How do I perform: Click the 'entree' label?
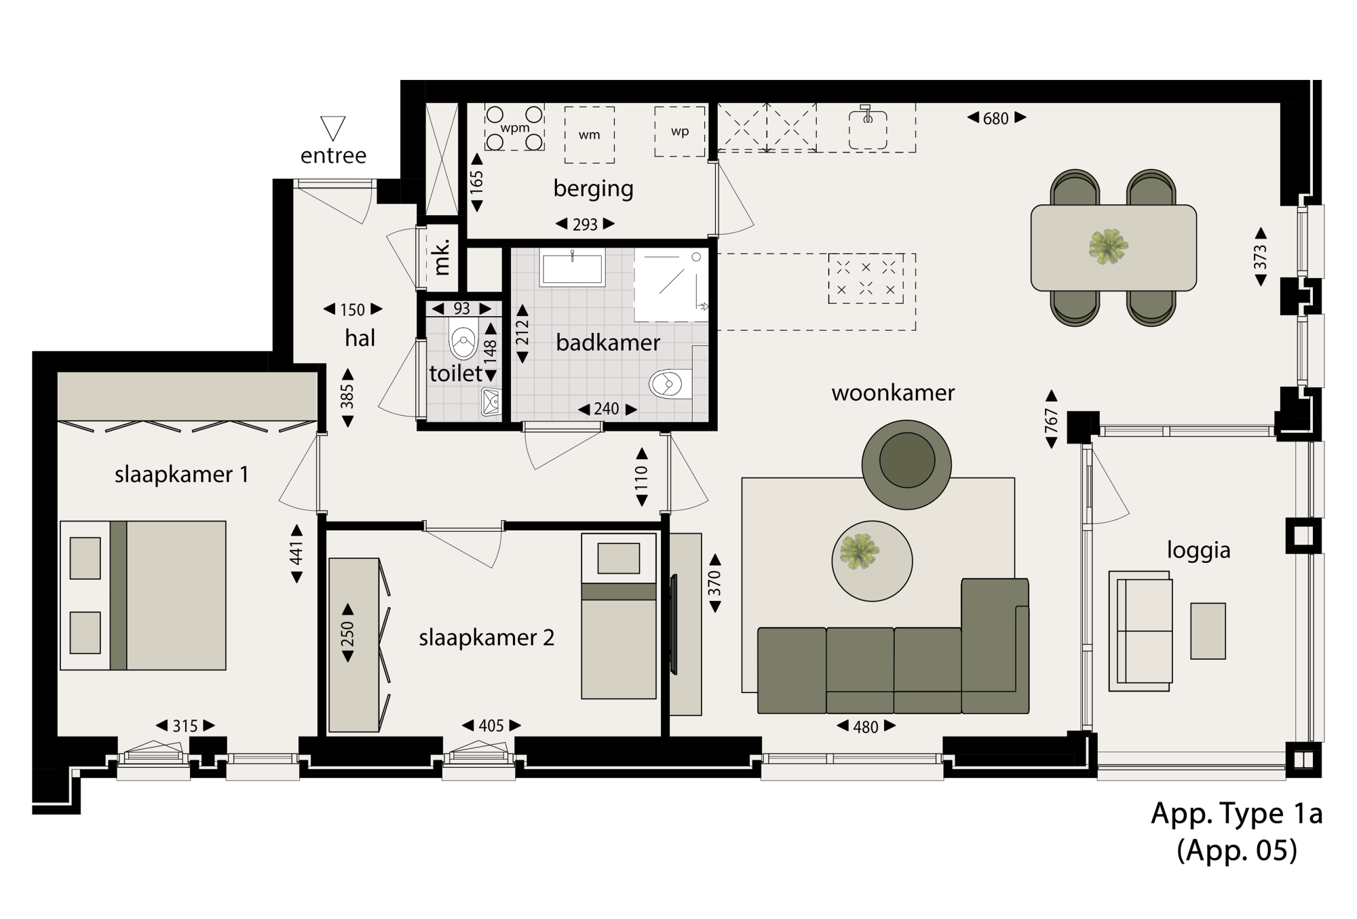[x=333, y=155]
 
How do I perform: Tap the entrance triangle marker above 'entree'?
[x=333, y=128]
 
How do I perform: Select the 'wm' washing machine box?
[x=590, y=135]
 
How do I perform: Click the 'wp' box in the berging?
[x=680, y=132]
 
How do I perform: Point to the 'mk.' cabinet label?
[x=442, y=257]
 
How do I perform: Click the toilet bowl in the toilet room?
[x=464, y=340]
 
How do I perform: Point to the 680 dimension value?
[x=996, y=119]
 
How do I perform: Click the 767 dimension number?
[x=1052, y=421]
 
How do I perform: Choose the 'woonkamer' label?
[x=893, y=393]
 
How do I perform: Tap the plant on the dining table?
[x=1108, y=246]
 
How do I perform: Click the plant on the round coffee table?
[x=859, y=551]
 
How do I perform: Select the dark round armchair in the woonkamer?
[x=906, y=465]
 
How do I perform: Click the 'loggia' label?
[x=1198, y=550]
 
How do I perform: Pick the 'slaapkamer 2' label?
[x=486, y=638]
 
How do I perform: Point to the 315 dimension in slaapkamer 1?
[x=185, y=726]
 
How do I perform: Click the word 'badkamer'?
[x=608, y=343]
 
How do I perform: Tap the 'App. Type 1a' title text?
[x=1237, y=813]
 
